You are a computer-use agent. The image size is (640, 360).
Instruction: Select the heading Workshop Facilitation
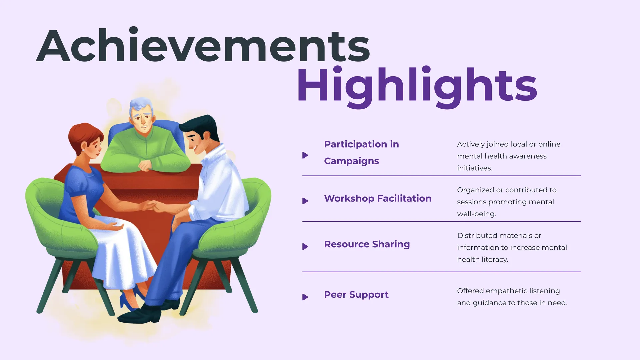pyautogui.click(x=378, y=198)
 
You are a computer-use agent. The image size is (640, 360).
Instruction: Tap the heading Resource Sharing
pyautogui.click(x=367, y=244)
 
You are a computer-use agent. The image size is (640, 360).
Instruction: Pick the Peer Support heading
pyautogui.click(x=356, y=295)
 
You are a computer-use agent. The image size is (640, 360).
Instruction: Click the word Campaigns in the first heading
pyautogui.click(x=351, y=161)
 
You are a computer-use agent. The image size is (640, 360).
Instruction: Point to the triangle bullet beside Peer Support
pyautogui.click(x=305, y=297)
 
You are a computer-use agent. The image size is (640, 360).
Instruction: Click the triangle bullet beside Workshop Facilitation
pyautogui.click(x=305, y=201)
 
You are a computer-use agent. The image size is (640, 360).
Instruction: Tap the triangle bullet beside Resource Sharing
pyautogui.click(x=305, y=247)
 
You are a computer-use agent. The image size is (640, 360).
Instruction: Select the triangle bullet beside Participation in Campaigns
pyautogui.click(x=305, y=155)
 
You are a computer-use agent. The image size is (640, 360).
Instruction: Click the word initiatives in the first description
pyautogui.click(x=475, y=168)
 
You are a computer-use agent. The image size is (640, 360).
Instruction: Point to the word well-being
pyautogui.click(x=477, y=214)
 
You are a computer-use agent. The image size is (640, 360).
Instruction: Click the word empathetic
pyautogui.click(x=508, y=291)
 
